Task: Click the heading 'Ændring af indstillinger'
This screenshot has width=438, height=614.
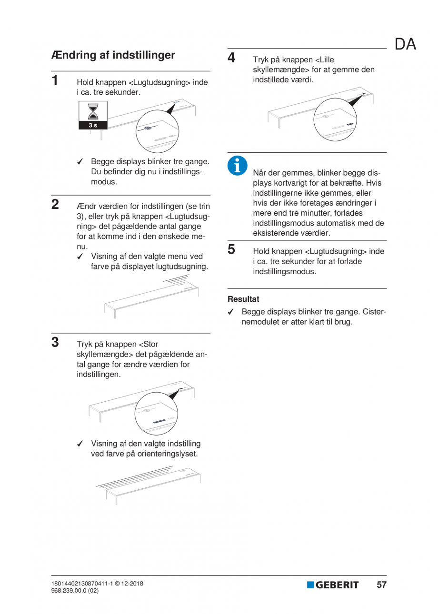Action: click(113, 55)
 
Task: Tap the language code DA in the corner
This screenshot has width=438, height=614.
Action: click(405, 44)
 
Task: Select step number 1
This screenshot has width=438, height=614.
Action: click(56, 80)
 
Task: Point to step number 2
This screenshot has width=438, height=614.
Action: click(56, 205)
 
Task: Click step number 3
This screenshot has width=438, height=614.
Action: click(56, 342)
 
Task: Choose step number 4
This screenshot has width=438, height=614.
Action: click(232, 58)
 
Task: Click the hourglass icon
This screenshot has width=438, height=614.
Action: click(93, 112)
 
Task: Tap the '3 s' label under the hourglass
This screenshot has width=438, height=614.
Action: click(93, 125)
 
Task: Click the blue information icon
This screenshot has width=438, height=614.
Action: click(236, 165)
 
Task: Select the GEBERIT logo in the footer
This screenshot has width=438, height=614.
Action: click(333, 585)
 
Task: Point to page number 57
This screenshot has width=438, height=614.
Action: click(381, 585)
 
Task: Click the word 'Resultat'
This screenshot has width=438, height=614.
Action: click(243, 299)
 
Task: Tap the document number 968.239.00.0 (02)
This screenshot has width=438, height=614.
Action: click(75, 591)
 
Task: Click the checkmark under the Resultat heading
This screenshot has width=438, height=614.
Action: click(231, 312)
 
